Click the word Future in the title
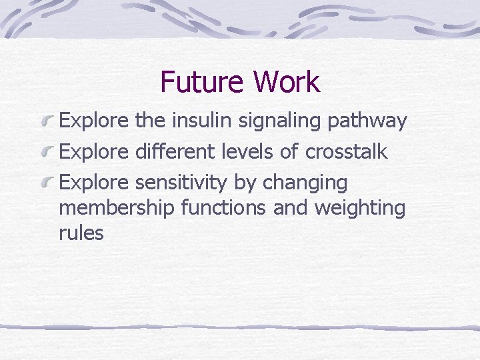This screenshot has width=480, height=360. tap(202, 82)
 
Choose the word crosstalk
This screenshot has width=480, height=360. tap(346, 151)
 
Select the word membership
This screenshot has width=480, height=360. tap(117, 209)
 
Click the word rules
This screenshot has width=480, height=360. tap(81, 233)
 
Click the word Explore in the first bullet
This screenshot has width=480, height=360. tap(94, 122)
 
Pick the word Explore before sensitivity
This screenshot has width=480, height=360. tap(94, 183)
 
